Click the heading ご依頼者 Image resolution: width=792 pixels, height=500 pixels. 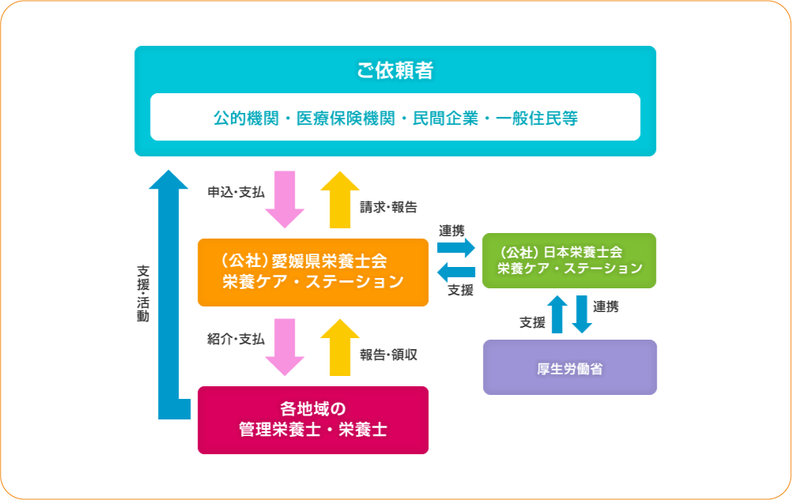coord(395,70)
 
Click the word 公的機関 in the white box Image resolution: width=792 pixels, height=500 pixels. coord(246,118)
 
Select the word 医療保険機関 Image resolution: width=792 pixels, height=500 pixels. coord(345,118)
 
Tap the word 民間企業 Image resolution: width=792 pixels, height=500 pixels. coord(445,118)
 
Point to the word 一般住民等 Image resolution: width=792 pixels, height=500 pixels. coord(537,118)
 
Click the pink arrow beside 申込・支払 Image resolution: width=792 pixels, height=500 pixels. coord(285,199)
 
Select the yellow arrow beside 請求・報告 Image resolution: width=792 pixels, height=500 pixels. coord(340,199)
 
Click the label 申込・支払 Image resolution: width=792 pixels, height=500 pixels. coord(236,192)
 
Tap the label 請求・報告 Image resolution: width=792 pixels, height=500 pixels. coord(388,208)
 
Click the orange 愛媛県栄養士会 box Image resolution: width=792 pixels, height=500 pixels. coord(313,273)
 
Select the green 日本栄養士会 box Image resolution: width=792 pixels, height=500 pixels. coord(569,261)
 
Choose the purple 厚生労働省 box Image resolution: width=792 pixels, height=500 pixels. coord(570,367)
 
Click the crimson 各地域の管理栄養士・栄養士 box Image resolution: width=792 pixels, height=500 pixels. coord(313,420)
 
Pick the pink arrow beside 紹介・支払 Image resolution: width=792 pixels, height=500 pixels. coord(285,347)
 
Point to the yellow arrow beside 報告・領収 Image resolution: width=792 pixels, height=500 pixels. coord(340,347)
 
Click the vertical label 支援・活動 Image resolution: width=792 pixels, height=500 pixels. coord(143,294)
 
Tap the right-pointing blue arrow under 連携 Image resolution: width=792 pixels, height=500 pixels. coord(456,248)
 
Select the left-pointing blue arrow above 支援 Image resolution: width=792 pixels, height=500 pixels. coord(456,273)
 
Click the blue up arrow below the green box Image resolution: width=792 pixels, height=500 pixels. coord(557,314)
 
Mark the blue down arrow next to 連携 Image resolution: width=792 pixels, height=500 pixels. coord(582,314)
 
